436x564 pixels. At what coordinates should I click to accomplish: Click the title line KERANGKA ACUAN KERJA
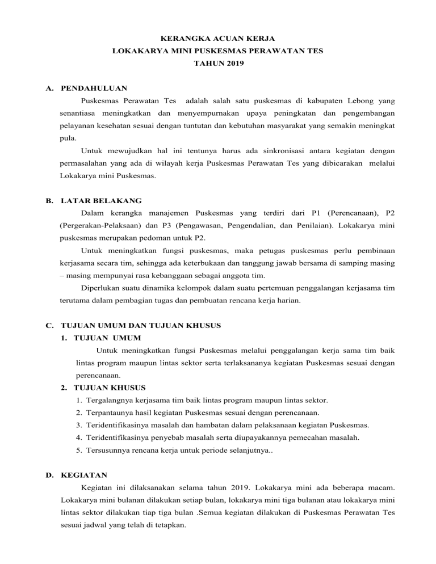pos(218,39)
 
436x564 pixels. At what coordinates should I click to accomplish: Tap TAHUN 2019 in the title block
pos(218,64)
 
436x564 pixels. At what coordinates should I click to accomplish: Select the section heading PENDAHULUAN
pos(94,89)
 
